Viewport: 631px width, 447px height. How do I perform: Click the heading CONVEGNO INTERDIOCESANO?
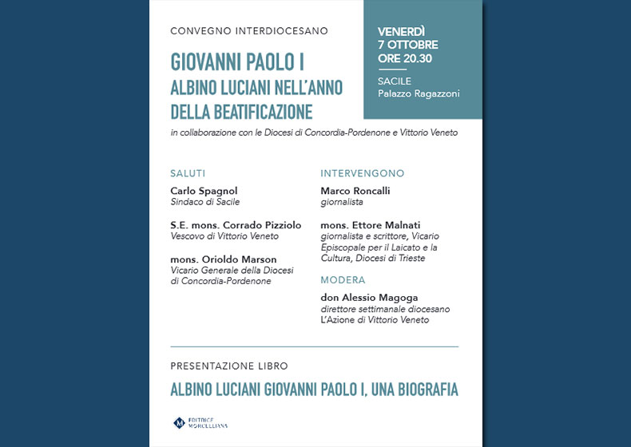[x=249, y=31]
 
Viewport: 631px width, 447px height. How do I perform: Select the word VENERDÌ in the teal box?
[x=407, y=31]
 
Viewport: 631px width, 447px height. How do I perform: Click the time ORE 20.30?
[x=405, y=58]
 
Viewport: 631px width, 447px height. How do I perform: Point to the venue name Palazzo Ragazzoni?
[x=419, y=94]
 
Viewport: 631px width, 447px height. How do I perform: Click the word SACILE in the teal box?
[x=395, y=81]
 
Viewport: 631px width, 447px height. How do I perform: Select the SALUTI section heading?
[x=188, y=173]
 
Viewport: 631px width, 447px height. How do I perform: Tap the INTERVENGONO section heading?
[x=362, y=173]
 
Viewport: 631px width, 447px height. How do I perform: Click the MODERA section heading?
[x=343, y=280]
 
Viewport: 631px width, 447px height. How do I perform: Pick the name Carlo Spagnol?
[x=204, y=191]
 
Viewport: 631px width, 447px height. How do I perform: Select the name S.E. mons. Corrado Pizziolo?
[x=236, y=225]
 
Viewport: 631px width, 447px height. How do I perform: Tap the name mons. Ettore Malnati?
[x=370, y=225]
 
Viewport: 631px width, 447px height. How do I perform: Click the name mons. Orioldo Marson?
[x=224, y=259]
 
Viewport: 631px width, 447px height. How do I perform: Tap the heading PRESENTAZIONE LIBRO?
[x=229, y=366]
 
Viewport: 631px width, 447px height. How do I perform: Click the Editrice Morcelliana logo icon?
[x=179, y=422]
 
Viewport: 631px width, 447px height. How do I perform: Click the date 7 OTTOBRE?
[x=408, y=45]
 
